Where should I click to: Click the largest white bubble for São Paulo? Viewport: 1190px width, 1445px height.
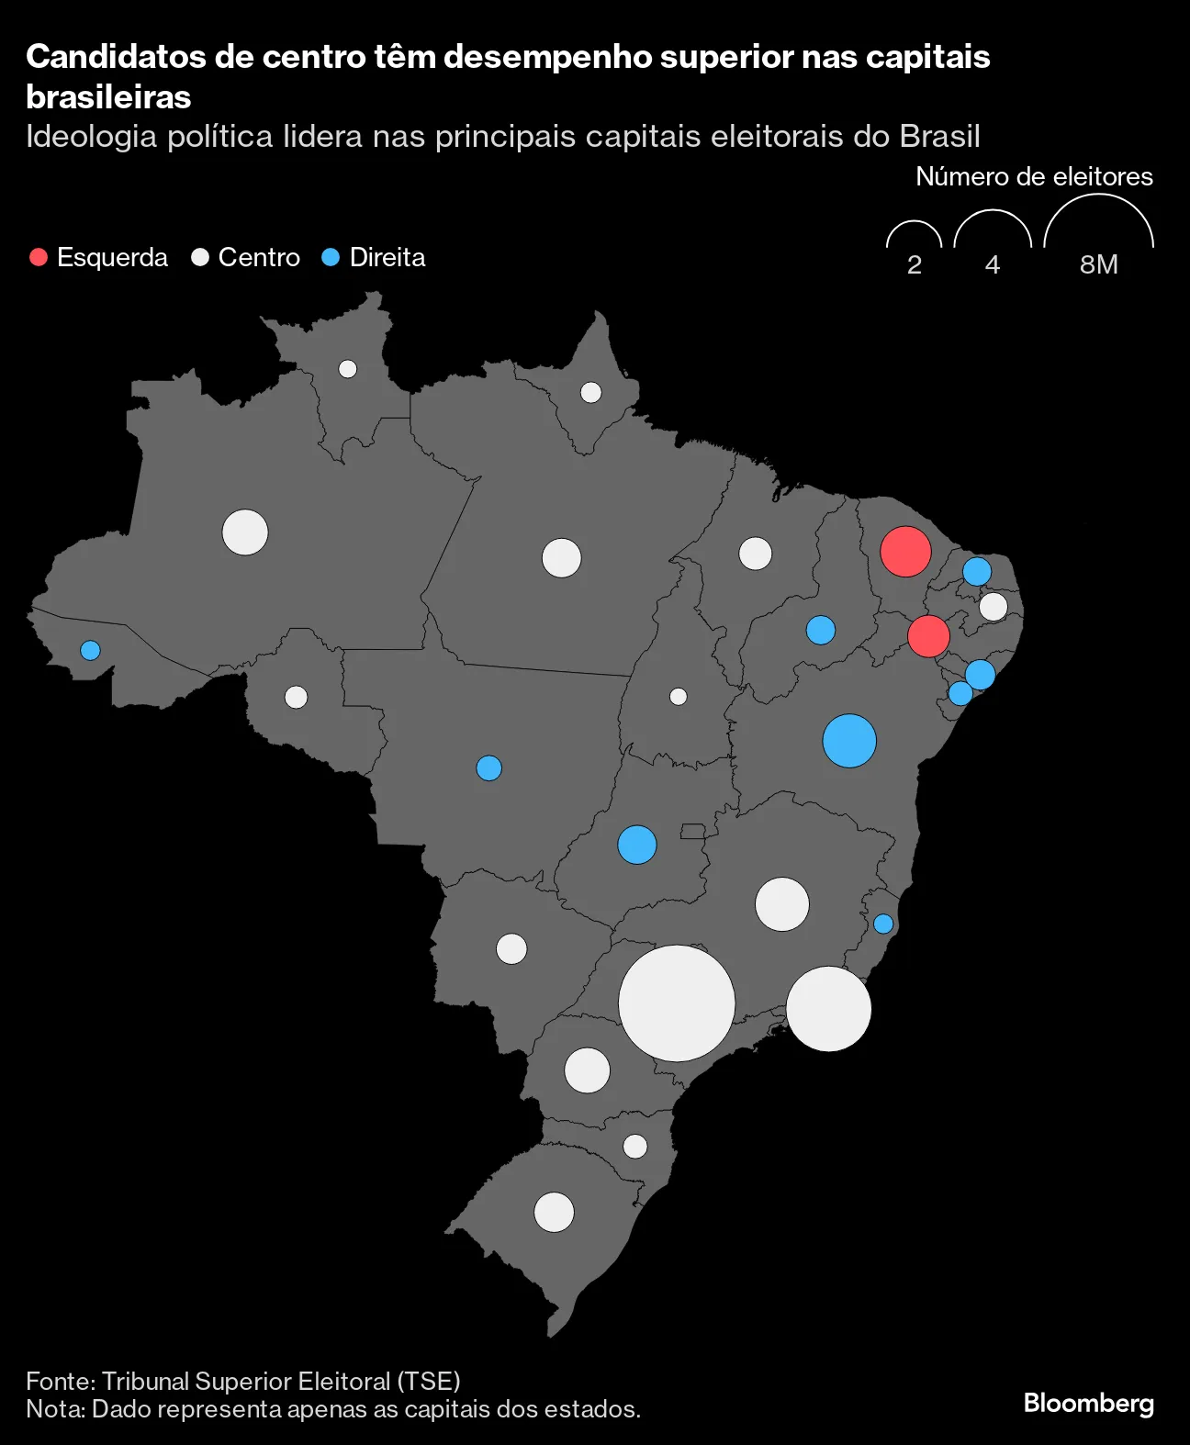click(677, 1003)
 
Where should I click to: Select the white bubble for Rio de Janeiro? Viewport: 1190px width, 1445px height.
click(828, 1009)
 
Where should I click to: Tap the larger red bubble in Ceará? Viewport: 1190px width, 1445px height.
click(905, 552)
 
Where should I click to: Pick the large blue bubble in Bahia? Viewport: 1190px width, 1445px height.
click(849, 741)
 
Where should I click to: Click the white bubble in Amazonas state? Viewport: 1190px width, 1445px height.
click(245, 532)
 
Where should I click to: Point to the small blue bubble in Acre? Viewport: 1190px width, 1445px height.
click(90, 650)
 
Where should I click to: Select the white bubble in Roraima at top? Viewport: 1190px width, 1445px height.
click(348, 369)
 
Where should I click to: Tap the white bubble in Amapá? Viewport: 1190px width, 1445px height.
click(591, 393)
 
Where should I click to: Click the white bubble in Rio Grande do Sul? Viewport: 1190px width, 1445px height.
click(554, 1212)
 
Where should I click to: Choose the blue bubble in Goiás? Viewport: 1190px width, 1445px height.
click(637, 845)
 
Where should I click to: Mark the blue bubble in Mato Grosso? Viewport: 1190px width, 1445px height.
click(489, 767)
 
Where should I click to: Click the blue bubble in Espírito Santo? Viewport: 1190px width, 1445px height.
click(883, 924)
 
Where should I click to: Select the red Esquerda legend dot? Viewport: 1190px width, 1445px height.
click(39, 257)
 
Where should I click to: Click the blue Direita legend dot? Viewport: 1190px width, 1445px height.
click(331, 257)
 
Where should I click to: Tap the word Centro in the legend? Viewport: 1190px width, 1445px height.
click(259, 257)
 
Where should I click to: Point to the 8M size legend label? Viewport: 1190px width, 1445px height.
click(1098, 264)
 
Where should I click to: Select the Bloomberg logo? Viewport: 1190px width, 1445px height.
click(1088, 1403)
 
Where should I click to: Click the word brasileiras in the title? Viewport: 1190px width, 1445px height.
click(108, 96)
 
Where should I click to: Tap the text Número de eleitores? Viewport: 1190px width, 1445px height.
click(1034, 176)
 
